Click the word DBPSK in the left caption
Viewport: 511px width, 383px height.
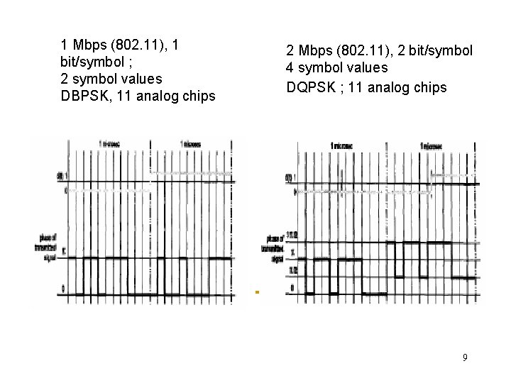[x=88, y=95]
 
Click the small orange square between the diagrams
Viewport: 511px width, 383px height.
[x=258, y=292]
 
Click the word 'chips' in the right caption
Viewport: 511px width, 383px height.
[x=431, y=87]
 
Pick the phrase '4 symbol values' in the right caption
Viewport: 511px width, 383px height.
[x=336, y=69]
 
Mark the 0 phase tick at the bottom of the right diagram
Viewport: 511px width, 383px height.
[x=292, y=289]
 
